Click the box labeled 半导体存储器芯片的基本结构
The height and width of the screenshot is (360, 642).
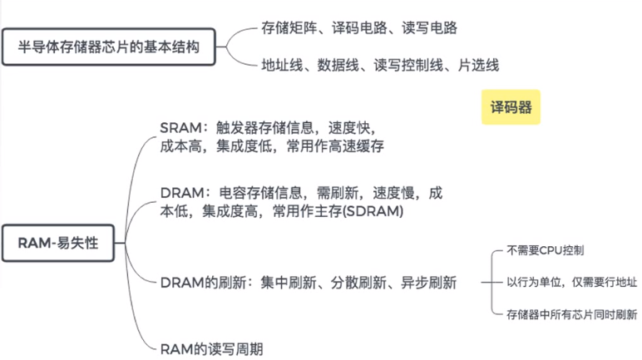[108, 47]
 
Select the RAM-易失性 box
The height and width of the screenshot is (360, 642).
[58, 243]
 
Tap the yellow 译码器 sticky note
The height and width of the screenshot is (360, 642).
[511, 107]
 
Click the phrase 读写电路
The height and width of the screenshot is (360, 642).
[429, 27]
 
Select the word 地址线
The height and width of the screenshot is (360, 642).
[282, 65]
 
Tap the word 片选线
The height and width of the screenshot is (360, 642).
[478, 65]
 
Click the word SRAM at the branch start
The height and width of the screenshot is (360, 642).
[180, 128]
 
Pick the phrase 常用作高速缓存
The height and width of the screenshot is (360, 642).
[335, 146]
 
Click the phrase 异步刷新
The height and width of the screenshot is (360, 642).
[428, 283]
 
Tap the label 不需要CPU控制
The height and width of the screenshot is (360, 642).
[546, 250]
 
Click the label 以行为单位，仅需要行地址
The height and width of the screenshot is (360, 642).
[572, 282]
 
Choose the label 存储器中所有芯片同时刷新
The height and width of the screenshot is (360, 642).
[572, 314]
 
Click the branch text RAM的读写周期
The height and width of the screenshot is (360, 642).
[211, 349]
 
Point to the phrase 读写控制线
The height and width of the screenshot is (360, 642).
[408, 65]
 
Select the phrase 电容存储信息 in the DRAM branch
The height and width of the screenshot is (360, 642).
[261, 193]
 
